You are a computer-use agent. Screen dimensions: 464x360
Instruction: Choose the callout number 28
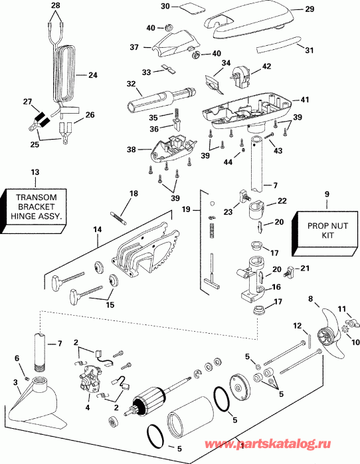point(55,5)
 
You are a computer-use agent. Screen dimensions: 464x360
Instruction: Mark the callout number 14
point(98,229)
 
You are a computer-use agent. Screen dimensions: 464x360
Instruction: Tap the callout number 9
point(325,195)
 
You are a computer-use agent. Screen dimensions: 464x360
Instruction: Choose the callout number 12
point(298,325)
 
